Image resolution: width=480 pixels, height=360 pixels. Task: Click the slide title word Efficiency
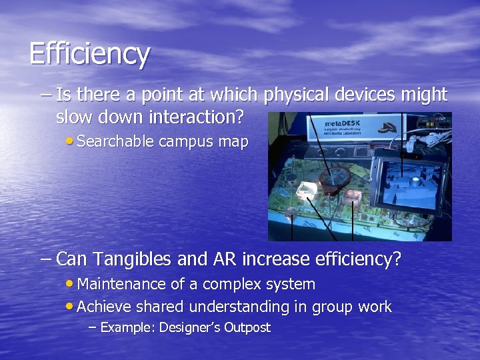click(89, 54)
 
